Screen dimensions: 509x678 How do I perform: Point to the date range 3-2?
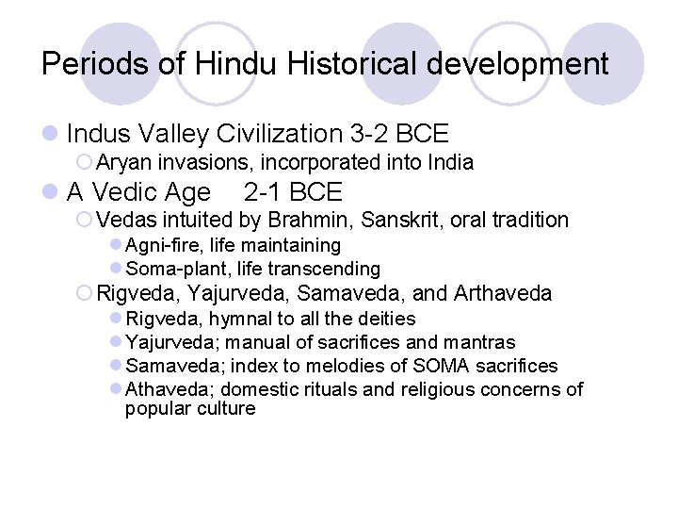[x=371, y=135]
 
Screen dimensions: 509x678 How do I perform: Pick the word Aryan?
[x=123, y=162]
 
